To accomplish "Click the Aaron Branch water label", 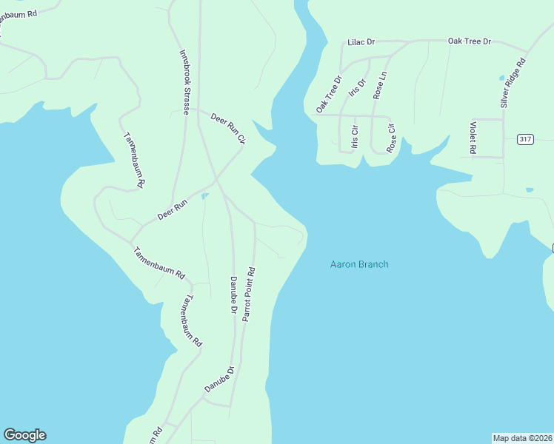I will coord(358,264).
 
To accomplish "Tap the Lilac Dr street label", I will coord(362,42).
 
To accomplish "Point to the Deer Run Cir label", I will coord(227,128).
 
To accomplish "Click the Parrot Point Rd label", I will coord(250,293).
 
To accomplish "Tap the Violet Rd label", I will coord(473,138).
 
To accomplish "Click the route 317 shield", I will coord(525,139).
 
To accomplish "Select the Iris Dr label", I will coord(358,94).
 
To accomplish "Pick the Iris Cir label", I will coord(355,136).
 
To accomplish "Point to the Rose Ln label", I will coord(380,84).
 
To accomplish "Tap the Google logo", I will coord(24,435).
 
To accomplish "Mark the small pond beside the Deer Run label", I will coord(204,196).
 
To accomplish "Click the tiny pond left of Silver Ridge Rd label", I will coord(501,77).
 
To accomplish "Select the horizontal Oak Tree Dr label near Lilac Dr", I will coord(470,41).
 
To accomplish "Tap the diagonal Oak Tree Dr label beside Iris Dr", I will coord(329,94).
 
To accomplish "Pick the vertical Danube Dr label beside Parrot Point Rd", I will coord(233,297).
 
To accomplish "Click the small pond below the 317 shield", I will coord(529,190).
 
